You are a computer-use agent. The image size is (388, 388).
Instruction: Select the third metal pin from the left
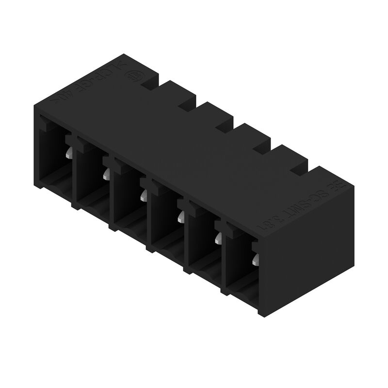(143, 195)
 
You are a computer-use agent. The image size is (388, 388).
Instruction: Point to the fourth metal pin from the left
(180, 216)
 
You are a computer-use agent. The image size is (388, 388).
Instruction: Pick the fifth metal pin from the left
(217, 237)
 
